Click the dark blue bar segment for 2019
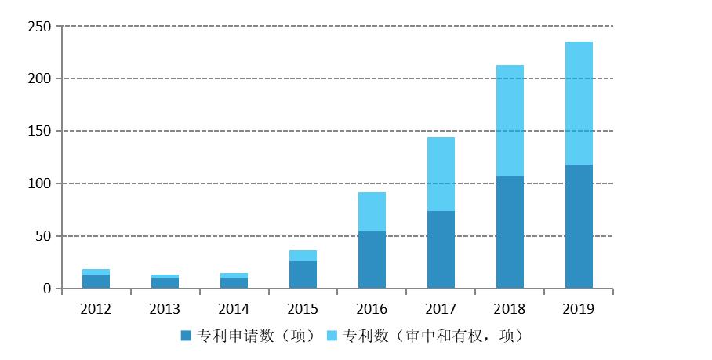579,227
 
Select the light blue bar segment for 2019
579,103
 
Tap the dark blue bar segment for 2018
510,232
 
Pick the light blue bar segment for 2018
510,121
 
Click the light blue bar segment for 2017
441,174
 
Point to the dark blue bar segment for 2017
441,249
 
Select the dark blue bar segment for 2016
372,260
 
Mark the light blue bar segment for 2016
372,212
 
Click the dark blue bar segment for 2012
96,282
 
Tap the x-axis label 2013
165,308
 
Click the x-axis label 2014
234,308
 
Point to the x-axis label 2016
372,308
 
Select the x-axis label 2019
579,308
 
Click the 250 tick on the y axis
39,27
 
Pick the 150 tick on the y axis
39,131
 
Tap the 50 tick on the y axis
42,236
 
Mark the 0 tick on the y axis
46,289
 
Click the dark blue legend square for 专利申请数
186,336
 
